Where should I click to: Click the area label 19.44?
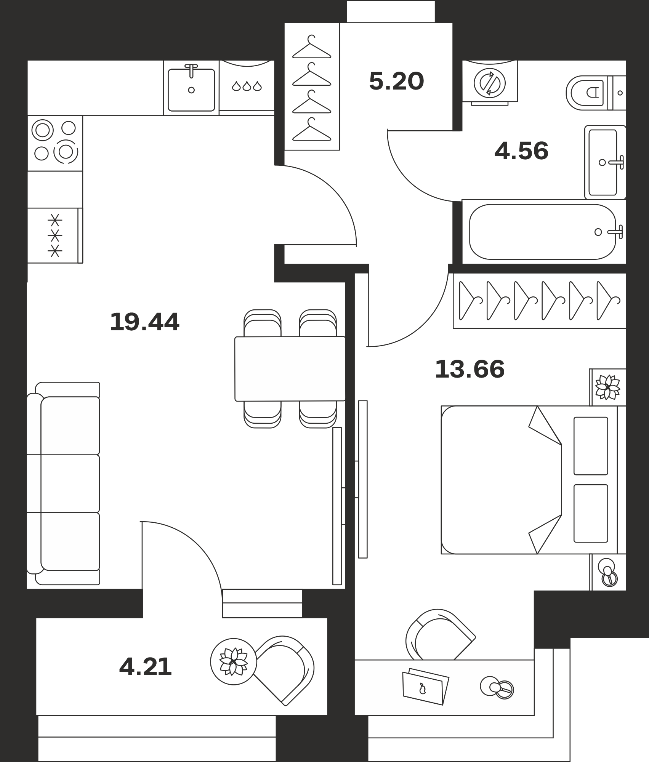tap(144, 322)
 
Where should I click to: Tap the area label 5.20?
tap(396, 81)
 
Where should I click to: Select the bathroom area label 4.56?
tap(521, 151)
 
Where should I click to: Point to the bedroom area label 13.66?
tap(470, 369)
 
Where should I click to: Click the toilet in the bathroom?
tap(596, 93)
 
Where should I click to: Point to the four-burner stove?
tap(55, 143)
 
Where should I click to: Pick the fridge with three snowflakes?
tap(55, 235)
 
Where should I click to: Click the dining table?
tap(290, 369)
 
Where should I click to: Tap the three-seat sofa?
tap(63, 483)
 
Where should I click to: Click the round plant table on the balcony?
tap(234, 661)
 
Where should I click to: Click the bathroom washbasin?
tap(605, 162)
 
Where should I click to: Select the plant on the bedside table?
tap(608, 387)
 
